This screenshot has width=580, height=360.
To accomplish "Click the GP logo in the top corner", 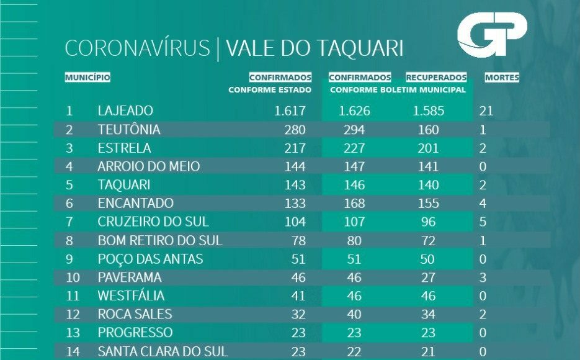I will pos(492,35).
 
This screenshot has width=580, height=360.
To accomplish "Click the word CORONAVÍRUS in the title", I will pos(137,48).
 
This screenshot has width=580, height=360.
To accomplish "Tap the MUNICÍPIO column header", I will pos(87,78).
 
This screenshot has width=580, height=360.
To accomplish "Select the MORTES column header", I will pos(502,78).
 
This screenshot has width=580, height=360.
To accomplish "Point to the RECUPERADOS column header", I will pos(436,78).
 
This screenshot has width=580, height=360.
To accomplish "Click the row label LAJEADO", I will pos(125,111).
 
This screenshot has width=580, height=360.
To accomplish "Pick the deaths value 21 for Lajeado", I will pos(486,111).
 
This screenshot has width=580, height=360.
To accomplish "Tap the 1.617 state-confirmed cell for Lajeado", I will pos(290,111).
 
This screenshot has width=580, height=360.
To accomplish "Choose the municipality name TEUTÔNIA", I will pos(129,130).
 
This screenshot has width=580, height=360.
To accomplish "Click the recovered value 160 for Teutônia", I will pos(428,130).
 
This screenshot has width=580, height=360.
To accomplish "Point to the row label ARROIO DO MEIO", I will pos(148,166).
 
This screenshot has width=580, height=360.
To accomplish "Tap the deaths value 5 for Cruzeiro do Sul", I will pos(483,222).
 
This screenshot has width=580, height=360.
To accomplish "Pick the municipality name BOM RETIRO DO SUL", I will pos(160,240).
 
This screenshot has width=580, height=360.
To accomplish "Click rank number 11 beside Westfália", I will pos(73,295).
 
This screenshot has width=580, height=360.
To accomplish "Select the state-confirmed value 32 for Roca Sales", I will pos(298,314).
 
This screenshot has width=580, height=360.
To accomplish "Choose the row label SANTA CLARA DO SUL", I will pos(163,351).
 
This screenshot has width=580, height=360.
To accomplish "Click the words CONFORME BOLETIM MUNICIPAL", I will pos(398,90).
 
